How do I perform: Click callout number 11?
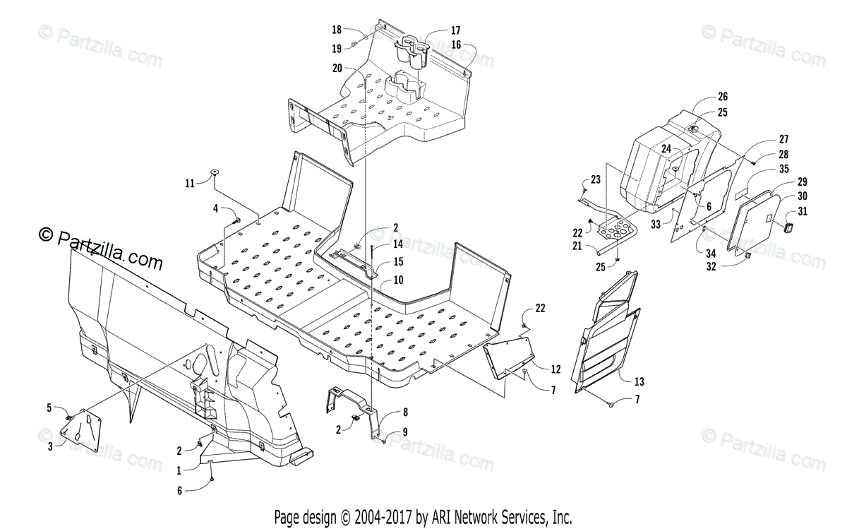point(189,183)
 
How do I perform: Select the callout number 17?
point(455,30)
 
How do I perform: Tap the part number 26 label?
point(722,97)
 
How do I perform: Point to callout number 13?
point(639,381)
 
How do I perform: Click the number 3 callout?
point(49,446)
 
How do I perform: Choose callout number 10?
point(399,280)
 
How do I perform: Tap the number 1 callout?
point(179,470)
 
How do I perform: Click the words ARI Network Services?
point(501,516)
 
